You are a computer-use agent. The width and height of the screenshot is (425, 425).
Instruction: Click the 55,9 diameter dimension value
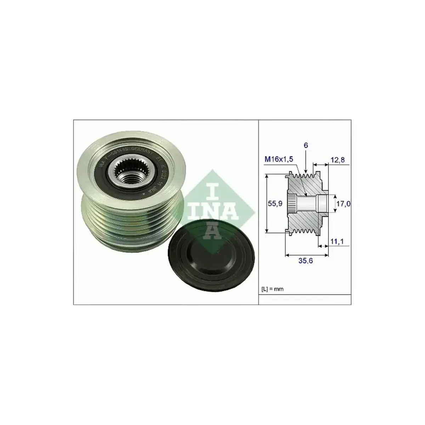[x=275, y=203]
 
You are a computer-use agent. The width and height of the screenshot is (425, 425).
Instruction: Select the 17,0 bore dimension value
[x=344, y=203]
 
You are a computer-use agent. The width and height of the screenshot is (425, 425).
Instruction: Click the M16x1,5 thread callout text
[x=279, y=160]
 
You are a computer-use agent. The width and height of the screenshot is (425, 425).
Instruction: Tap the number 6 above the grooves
[x=306, y=145]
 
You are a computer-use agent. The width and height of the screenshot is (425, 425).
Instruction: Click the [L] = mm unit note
[x=273, y=289]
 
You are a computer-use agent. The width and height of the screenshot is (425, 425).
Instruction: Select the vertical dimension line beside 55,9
[x=267, y=203]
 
